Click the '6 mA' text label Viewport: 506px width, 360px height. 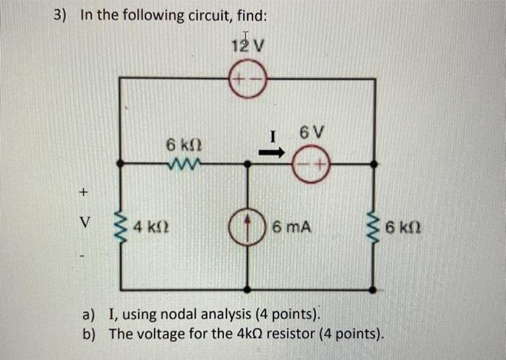(x=293, y=228)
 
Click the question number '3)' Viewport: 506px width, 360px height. (x=64, y=15)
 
